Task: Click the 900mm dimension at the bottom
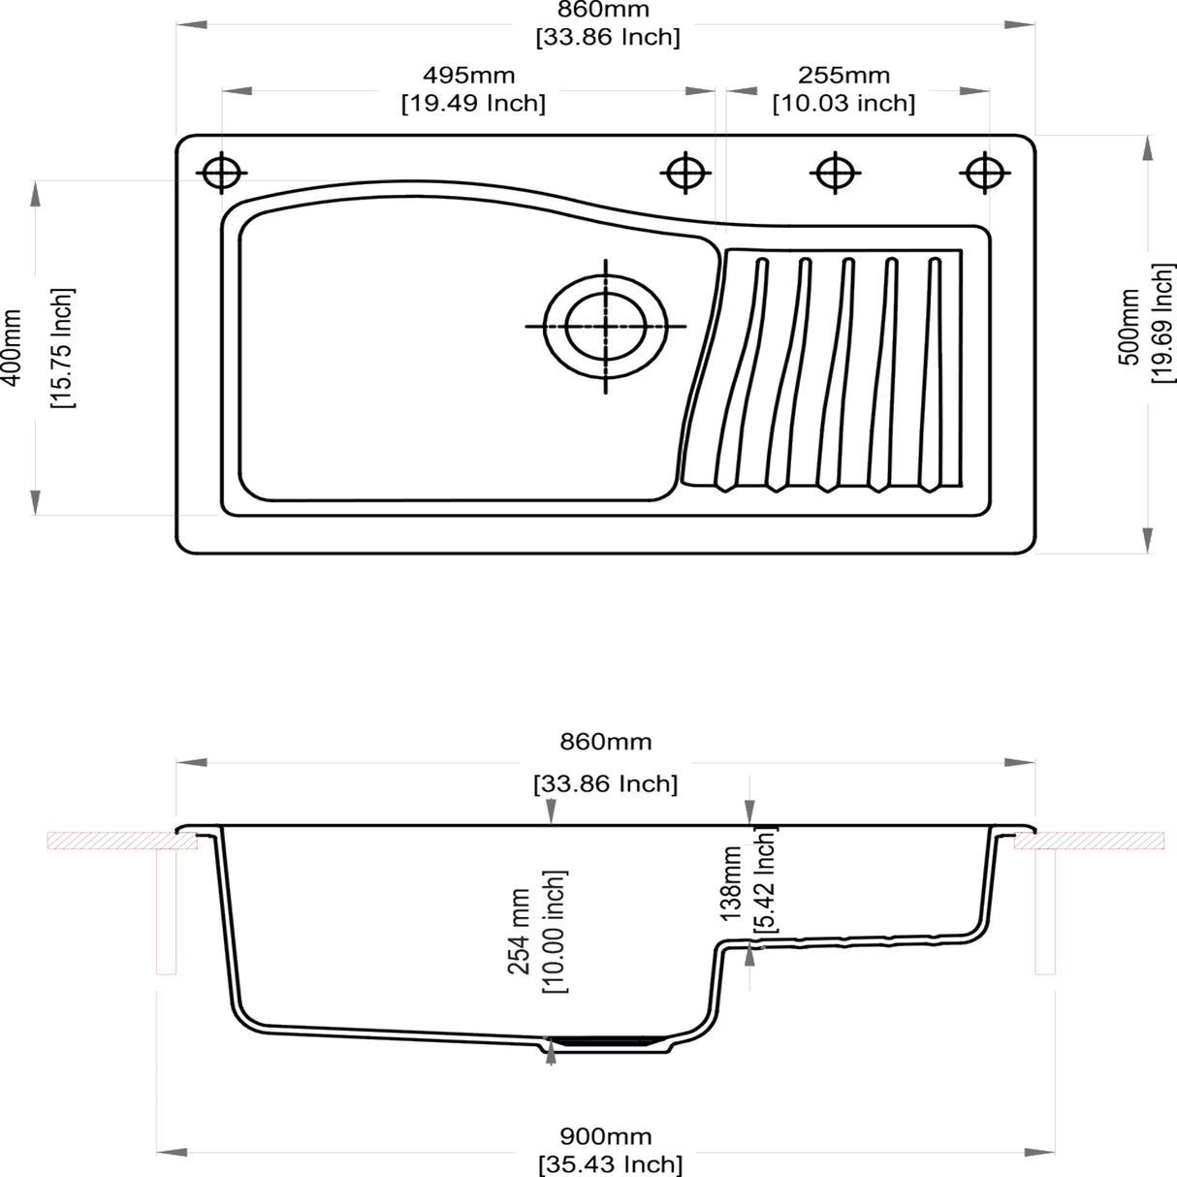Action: pyautogui.click(x=606, y=1136)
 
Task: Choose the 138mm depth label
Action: pyautogui.click(x=732, y=882)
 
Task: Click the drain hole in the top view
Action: pyautogui.click(x=606, y=326)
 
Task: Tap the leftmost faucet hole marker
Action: pyautogui.click(x=222, y=174)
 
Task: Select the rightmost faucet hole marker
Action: pyautogui.click(x=984, y=174)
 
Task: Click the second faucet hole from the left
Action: pyautogui.click(x=684, y=174)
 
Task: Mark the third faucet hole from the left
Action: pyautogui.click(x=834, y=174)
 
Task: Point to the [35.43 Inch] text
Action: pyautogui.click(x=610, y=1163)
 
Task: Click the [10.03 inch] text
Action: pyautogui.click(x=843, y=103)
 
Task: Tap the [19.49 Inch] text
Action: pyautogui.click(x=473, y=103)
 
